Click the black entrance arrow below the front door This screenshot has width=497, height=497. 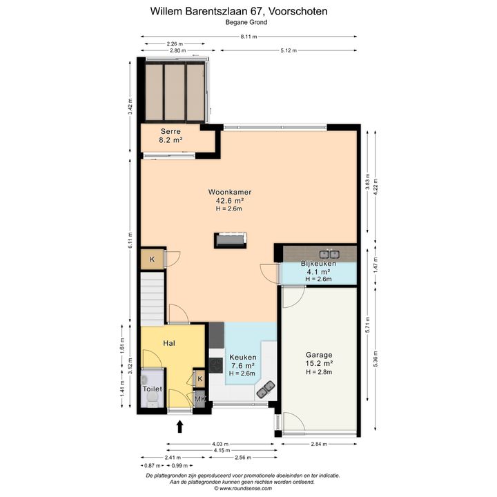pyautogui.click(x=179, y=427)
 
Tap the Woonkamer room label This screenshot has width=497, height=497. pyautogui.click(x=230, y=192)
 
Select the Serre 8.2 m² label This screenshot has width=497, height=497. pyautogui.click(x=170, y=136)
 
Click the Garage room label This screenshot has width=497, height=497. pyautogui.click(x=319, y=355)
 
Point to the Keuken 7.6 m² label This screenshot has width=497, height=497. pyautogui.click(x=242, y=361)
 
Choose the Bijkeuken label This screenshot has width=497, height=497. pyautogui.click(x=318, y=264)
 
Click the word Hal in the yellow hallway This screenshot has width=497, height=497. pyautogui.click(x=169, y=343)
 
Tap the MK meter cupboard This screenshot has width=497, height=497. pyautogui.click(x=199, y=399)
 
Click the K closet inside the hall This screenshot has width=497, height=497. pyautogui.click(x=199, y=379)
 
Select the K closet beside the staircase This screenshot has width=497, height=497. pyautogui.click(x=153, y=260)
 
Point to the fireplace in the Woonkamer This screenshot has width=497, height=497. pyautogui.click(x=231, y=240)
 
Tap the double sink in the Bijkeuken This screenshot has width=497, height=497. pyautogui.click(x=329, y=254)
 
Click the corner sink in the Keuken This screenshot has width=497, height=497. pyautogui.click(x=265, y=389)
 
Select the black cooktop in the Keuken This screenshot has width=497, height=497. pyautogui.click(x=216, y=365)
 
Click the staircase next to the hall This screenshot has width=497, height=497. pyautogui.click(x=153, y=298)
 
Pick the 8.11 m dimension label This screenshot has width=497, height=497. pyautogui.click(x=248, y=37)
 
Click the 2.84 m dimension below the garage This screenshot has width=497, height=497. pyautogui.click(x=319, y=444)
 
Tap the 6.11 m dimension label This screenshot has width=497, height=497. pyautogui.click(x=130, y=241)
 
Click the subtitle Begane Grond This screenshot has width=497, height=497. pyautogui.click(x=246, y=22)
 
